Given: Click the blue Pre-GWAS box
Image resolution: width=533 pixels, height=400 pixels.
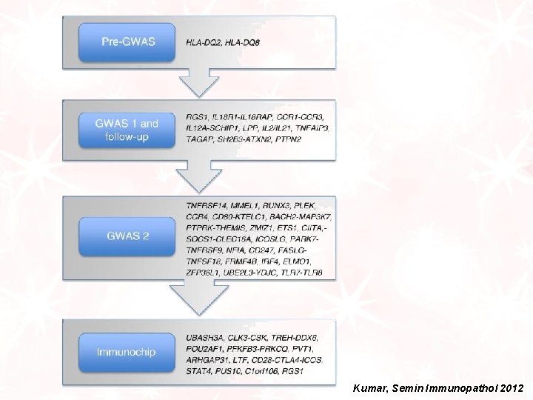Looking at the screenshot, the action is [x=129, y=41].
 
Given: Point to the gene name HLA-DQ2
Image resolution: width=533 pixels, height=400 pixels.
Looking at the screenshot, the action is [x=206, y=42].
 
